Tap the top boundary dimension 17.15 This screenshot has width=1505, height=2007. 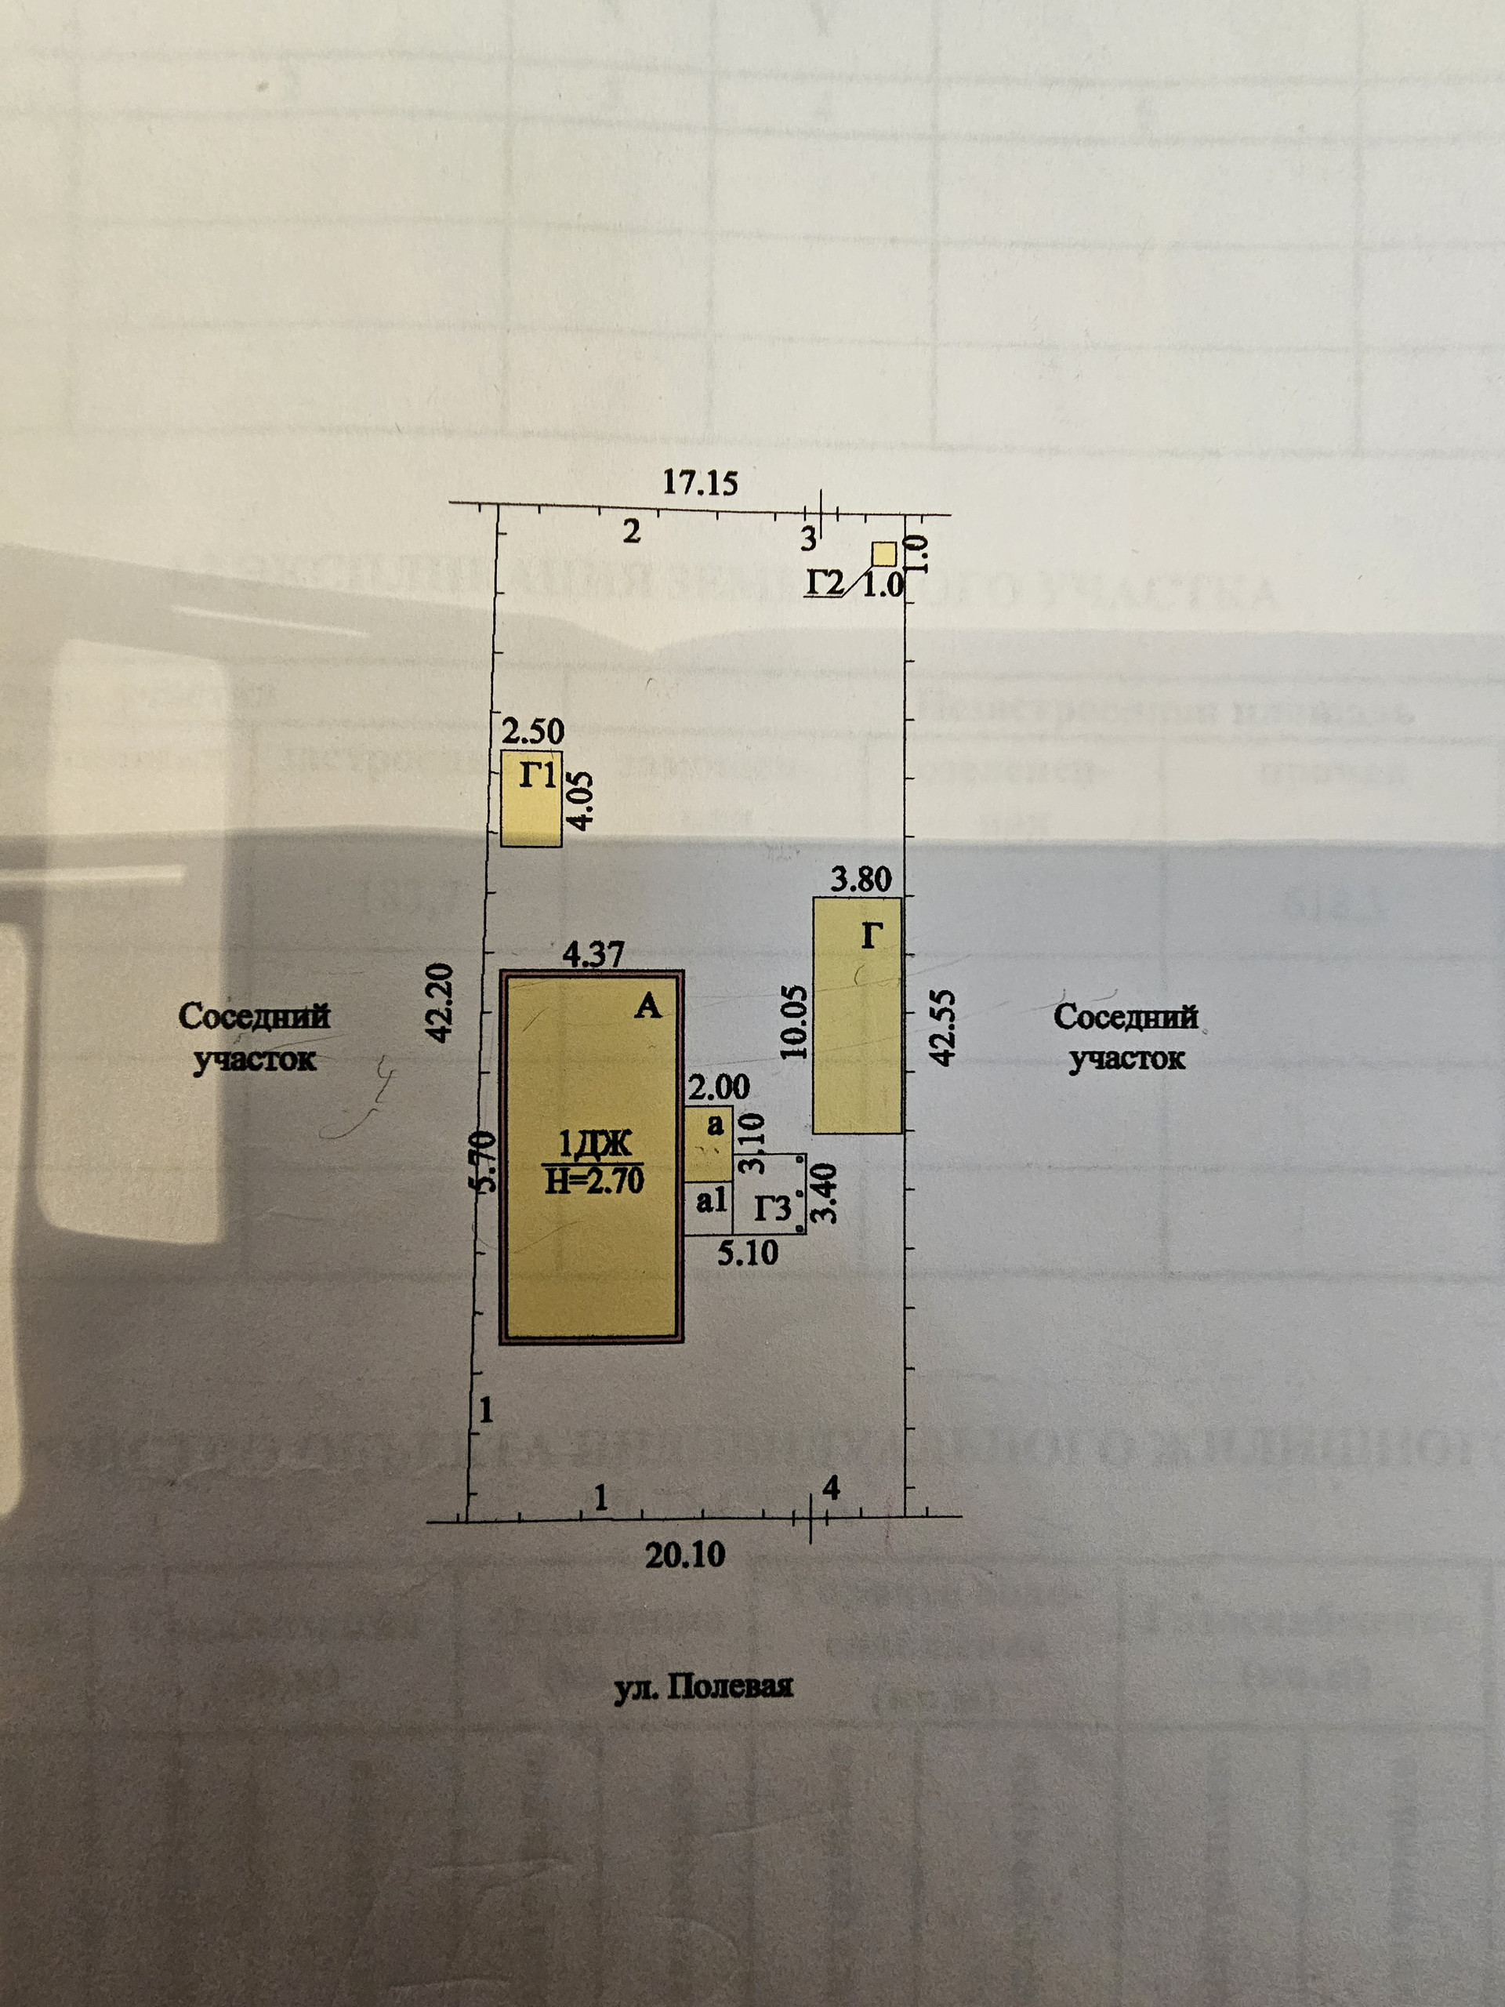[699, 483]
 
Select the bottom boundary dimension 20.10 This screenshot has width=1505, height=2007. [685, 1556]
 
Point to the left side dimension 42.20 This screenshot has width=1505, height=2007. [438, 1003]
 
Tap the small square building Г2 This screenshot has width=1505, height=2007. [883, 553]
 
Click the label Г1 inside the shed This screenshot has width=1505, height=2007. [537, 776]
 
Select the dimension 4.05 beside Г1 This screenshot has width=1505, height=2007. [582, 800]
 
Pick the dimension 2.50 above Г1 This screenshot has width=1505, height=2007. [534, 731]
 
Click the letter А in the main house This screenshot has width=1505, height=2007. [647, 1005]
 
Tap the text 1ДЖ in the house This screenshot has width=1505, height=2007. [594, 1144]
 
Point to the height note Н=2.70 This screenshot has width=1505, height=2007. [594, 1180]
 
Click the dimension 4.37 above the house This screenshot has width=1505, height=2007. [593, 955]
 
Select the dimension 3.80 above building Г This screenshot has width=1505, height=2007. [861, 879]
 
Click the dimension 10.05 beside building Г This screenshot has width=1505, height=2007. [793, 1022]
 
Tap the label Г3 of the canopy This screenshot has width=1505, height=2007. [773, 1210]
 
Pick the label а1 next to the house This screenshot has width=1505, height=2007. [712, 1200]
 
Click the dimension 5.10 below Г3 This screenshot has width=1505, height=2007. [748, 1253]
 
